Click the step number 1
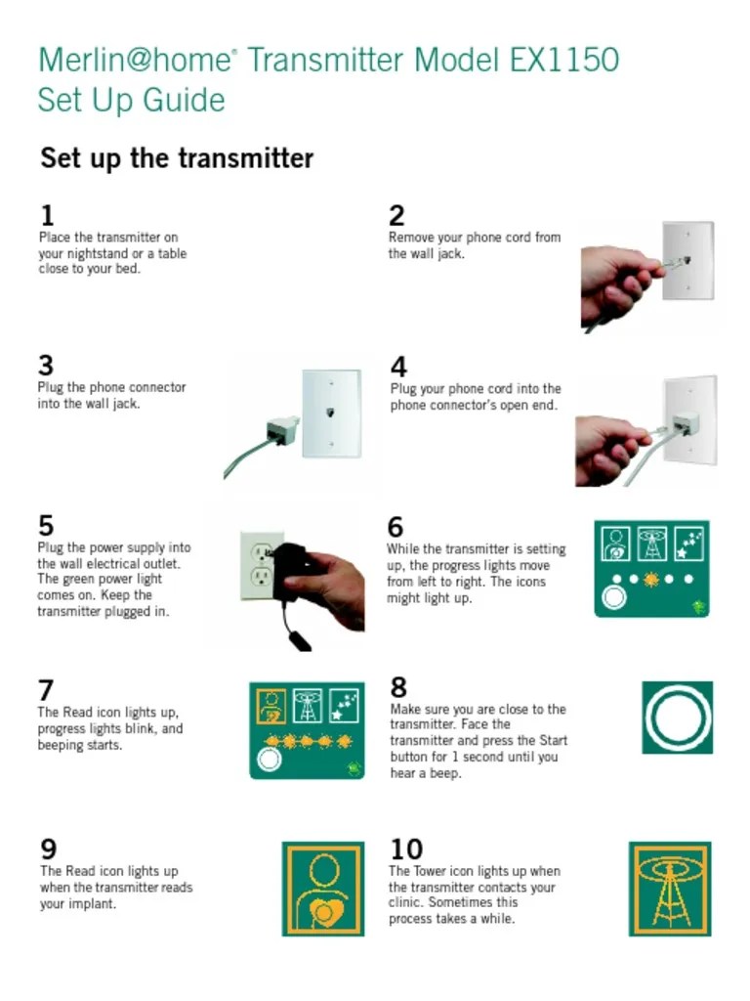tap(47, 216)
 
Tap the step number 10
tap(406, 849)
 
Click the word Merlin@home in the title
tap(134, 60)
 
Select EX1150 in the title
tap(564, 60)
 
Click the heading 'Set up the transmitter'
tap(177, 157)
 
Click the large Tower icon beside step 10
tap(670, 889)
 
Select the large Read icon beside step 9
tap(323, 889)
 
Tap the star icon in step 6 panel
tap(689, 544)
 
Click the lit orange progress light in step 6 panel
tap(651, 579)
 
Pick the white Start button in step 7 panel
tap(269, 760)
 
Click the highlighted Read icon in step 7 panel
tap(271, 706)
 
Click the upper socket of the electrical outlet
tap(262, 551)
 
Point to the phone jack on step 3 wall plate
tap(330, 413)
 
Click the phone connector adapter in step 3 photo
tap(282, 429)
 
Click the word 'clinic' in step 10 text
tap(404, 902)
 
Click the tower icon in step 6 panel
tap(652, 544)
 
